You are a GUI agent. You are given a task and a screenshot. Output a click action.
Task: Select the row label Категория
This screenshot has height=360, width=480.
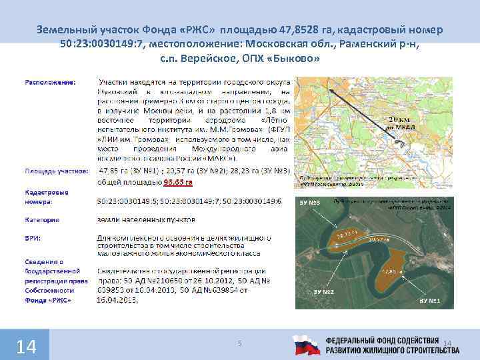coord(42,219)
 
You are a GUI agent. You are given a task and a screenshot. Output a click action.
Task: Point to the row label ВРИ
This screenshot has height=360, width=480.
coord(32,237)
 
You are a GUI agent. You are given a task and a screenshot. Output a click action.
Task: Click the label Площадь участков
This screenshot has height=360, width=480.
coord(56,171)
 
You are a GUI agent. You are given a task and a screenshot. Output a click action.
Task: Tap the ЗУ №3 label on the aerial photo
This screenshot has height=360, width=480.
coord(311,202)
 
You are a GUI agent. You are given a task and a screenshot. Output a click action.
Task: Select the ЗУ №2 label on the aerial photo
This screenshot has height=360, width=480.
coord(324,293)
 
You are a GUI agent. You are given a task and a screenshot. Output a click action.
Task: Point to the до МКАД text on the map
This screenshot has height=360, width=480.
coord(399,127)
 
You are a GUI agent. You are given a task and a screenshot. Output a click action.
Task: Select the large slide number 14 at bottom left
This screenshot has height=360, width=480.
coord(25,347)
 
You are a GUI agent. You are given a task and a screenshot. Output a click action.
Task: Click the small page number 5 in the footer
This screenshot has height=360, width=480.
coord(240,343)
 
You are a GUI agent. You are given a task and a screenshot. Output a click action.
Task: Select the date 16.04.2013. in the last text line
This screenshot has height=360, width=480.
coord(120,301)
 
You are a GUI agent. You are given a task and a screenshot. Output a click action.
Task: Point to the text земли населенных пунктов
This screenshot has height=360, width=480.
coord(146,219)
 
